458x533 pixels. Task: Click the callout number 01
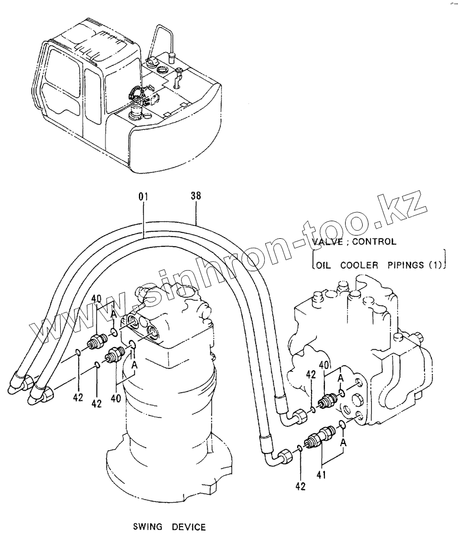pyautogui.click(x=143, y=197)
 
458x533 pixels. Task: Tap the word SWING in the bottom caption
pyautogui.click(x=147, y=527)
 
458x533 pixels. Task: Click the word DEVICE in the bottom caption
pyautogui.click(x=189, y=527)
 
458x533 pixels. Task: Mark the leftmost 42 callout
pyautogui.click(x=78, y=398)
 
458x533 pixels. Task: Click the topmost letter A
pyautogui.click(x=113, y=315)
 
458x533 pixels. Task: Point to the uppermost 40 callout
pyautogui.click(x=96, y=298)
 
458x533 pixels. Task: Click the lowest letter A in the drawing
pyautogui.click(x=345, y=442)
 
